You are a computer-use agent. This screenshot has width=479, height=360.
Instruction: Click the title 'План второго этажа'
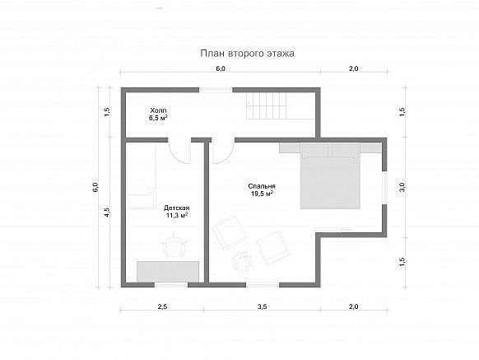click(x=247, y=54)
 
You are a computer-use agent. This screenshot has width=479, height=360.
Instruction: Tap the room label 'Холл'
click(x=158, y=110)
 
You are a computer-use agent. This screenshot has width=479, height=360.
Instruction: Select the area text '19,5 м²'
click(x=262, y=194)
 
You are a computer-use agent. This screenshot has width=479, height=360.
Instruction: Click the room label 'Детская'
click(x=176, y=208)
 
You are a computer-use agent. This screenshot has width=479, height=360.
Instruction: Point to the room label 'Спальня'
click(x=262, y=186)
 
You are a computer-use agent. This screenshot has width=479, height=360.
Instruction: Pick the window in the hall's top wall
click(x=216, y=90)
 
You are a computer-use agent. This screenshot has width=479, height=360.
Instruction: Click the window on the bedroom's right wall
click(x=384, y=187)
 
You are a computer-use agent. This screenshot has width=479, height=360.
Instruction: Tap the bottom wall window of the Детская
click(x=170, y=285)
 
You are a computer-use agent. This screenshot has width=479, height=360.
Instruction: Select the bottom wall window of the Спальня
click(x=263, y=285)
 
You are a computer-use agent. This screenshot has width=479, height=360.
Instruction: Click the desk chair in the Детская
click(x=174, y=246)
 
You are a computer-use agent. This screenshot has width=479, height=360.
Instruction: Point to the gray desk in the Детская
click(x=168, y=272)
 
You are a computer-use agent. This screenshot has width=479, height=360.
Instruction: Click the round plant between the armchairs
click(x=244, y=260)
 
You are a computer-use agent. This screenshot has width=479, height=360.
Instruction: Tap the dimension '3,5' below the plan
click(x=262, y=306)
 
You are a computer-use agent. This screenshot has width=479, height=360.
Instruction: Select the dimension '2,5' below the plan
click(x=162, y=306)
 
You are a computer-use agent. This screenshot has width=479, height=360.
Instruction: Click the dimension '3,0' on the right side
click(x=402, y=187)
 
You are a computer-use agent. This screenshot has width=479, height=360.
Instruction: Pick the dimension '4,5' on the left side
click(x=107, y=212)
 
